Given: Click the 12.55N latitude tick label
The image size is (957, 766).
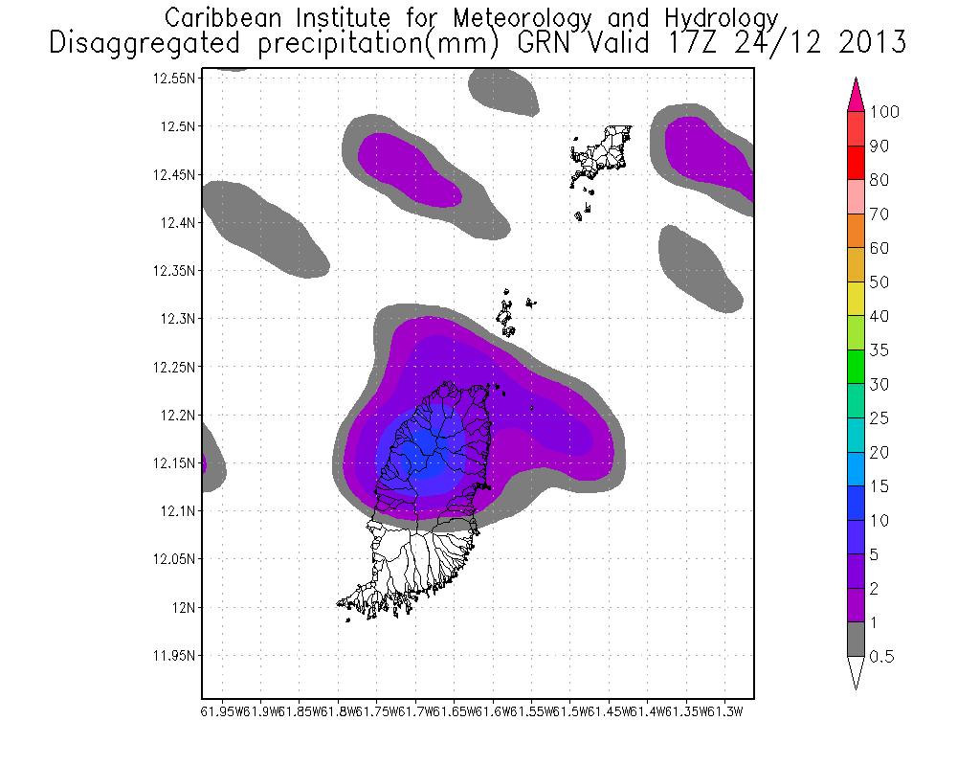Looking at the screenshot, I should point(175,79).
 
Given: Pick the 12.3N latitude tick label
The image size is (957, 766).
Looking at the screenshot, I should point(178,319).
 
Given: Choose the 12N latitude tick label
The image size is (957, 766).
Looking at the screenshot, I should point(184,607).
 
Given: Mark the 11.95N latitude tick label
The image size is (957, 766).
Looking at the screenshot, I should point(175,656).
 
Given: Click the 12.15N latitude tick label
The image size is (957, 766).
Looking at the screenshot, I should point(175,463).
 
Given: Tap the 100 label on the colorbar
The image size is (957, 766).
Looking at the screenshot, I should point(885,112).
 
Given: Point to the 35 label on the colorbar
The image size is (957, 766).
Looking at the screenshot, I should point(879,350).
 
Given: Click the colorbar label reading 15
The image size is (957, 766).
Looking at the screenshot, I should point(879,486).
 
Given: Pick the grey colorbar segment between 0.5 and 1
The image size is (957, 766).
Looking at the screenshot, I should point(856,640).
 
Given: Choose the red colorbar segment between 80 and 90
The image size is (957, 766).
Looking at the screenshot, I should point(856,163).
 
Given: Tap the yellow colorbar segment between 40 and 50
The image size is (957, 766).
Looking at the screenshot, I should point(856,299).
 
